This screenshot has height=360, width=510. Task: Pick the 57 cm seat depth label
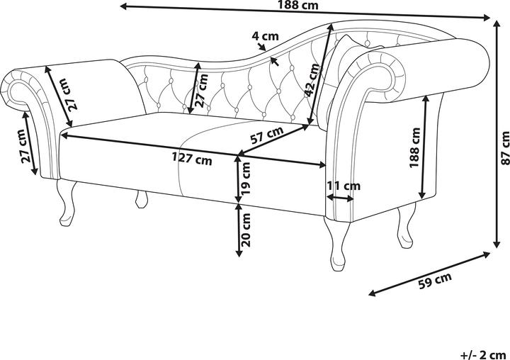point(267,133)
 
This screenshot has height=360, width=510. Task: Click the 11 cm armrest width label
point(343,186)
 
